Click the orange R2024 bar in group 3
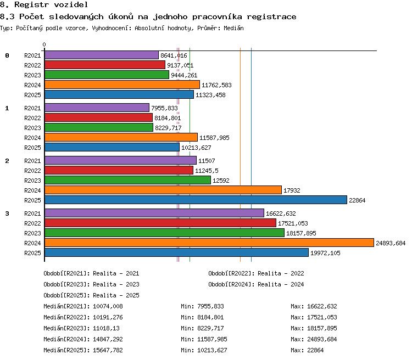pyautogui.click(x=209, y=243)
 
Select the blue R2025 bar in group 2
pyautogui.click(x=196, y=200)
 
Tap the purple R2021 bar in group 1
pyautogui.click(x=97, y=108)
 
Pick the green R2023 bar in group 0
pyautogui.click(x=107, y=75)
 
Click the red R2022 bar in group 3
pyautogui.click(x=160, y=223)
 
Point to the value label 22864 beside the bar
pyautogui.click(x=357, y=200)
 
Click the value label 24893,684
pyautogui.click(x=391, y=243)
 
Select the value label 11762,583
pyautogui.click(x=216, y=85)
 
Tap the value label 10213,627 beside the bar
pyautogui.click(x=196, y=148)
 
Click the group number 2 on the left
pyautogui.click(x=7, y=161)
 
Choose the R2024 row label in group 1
pyautogui.click(x=32, y=138)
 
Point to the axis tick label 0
pyautogui.click(x=44, y=44)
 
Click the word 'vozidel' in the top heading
pyautogui.click(x=71, y=4)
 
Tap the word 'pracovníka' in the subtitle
pyautogui.click(x=217, y=17)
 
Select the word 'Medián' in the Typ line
pyautogui.click(x=233, y=28)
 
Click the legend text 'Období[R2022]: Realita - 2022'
pyautogui.click(x=256, y=273)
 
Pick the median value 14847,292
pyautogui.click(x=108, y=339)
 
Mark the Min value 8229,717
pyautogui.click(x=210, y=328)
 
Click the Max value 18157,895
pyautogui.click(x=322, y=328)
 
